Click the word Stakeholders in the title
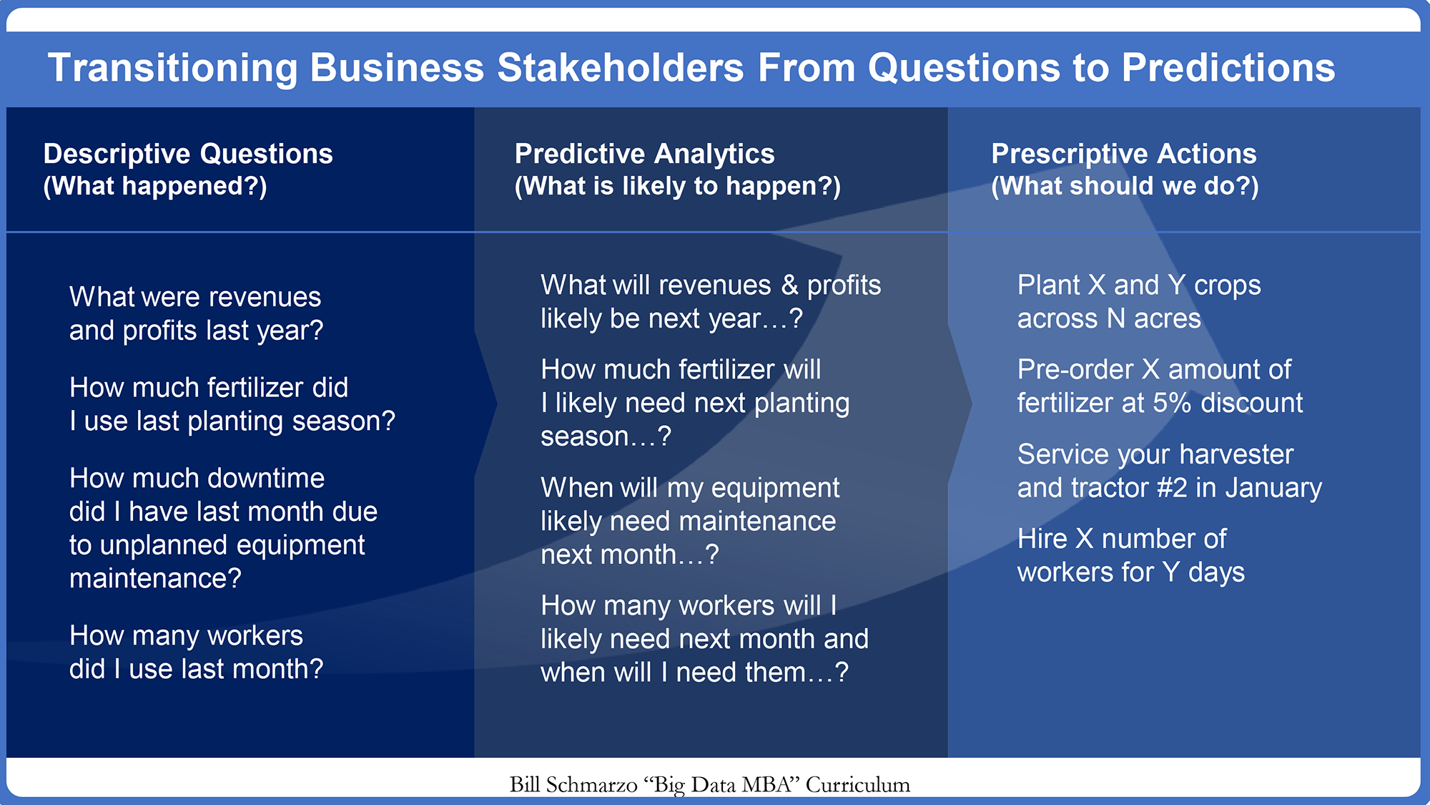point(621,68)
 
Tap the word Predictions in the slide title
point(1228,68)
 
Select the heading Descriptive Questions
point(188,154)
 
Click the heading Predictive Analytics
point(645,154)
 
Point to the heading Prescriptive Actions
point(1124,154)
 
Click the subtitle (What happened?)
point(155,186)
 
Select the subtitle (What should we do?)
point(1125,186)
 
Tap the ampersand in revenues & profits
point(789,285)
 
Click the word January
point(1273,488)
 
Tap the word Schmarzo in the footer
point(591,785)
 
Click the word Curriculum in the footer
point(858,785)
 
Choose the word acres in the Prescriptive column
point(1168,319)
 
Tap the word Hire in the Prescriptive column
point(1042,539)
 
